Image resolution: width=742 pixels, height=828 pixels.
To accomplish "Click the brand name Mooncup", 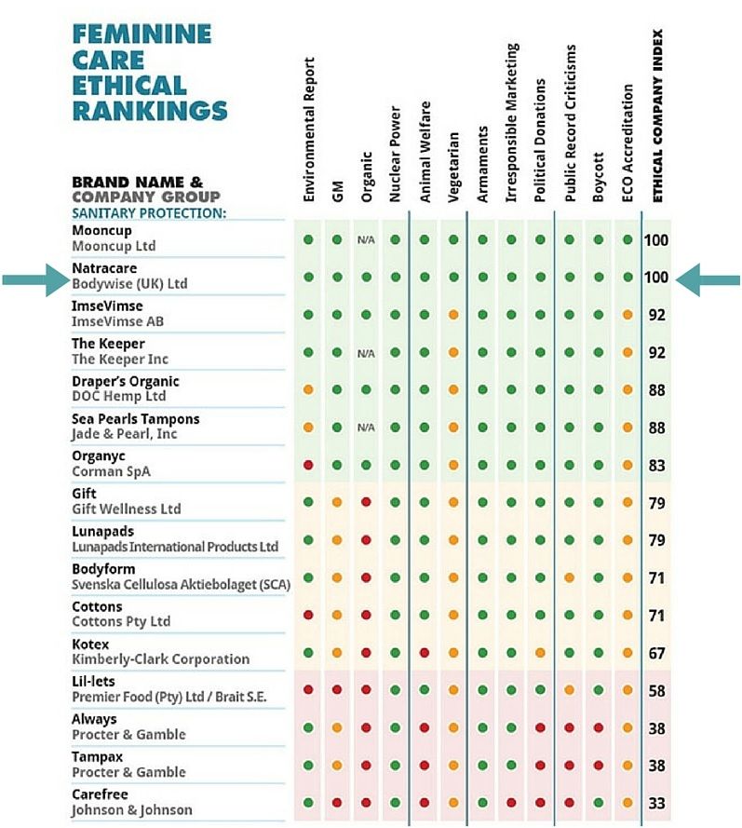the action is coord(101,231).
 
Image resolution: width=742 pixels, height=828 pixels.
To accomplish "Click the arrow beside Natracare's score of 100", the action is coord(708,279).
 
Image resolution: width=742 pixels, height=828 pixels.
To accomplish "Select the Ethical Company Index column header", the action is coord(657,115).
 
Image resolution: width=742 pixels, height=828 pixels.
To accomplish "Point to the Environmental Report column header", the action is coord(309,129).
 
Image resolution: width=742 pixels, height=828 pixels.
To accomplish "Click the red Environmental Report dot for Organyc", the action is coord(308,465).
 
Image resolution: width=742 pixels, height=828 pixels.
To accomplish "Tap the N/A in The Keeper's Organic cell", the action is coord(366,353).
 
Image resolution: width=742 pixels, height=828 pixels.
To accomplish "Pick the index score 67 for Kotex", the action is coord(656,653).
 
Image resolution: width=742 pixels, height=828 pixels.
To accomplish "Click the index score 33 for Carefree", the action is coord(656,803).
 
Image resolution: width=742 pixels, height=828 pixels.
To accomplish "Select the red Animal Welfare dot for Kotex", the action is coord(425,653).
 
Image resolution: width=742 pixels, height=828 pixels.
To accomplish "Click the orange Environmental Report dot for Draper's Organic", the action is coord(308,389).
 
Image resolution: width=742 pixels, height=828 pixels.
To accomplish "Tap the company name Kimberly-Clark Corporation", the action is coord(160,659).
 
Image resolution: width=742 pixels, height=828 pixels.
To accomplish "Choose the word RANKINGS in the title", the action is coord(150,110).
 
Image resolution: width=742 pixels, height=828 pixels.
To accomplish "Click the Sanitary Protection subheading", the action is coord(149,213).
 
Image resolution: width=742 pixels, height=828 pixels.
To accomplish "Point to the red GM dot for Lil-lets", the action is coord(337,689).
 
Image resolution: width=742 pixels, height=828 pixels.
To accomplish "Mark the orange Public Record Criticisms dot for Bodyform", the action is coord(570,577).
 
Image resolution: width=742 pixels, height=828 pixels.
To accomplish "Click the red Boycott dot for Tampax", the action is coord(599,766).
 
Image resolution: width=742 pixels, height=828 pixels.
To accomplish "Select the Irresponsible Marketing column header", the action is coord(511,123).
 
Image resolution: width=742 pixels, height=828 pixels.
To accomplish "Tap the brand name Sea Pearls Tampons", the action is coord(136,419).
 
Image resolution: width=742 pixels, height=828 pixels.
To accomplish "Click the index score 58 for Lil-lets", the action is coord(656,691).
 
